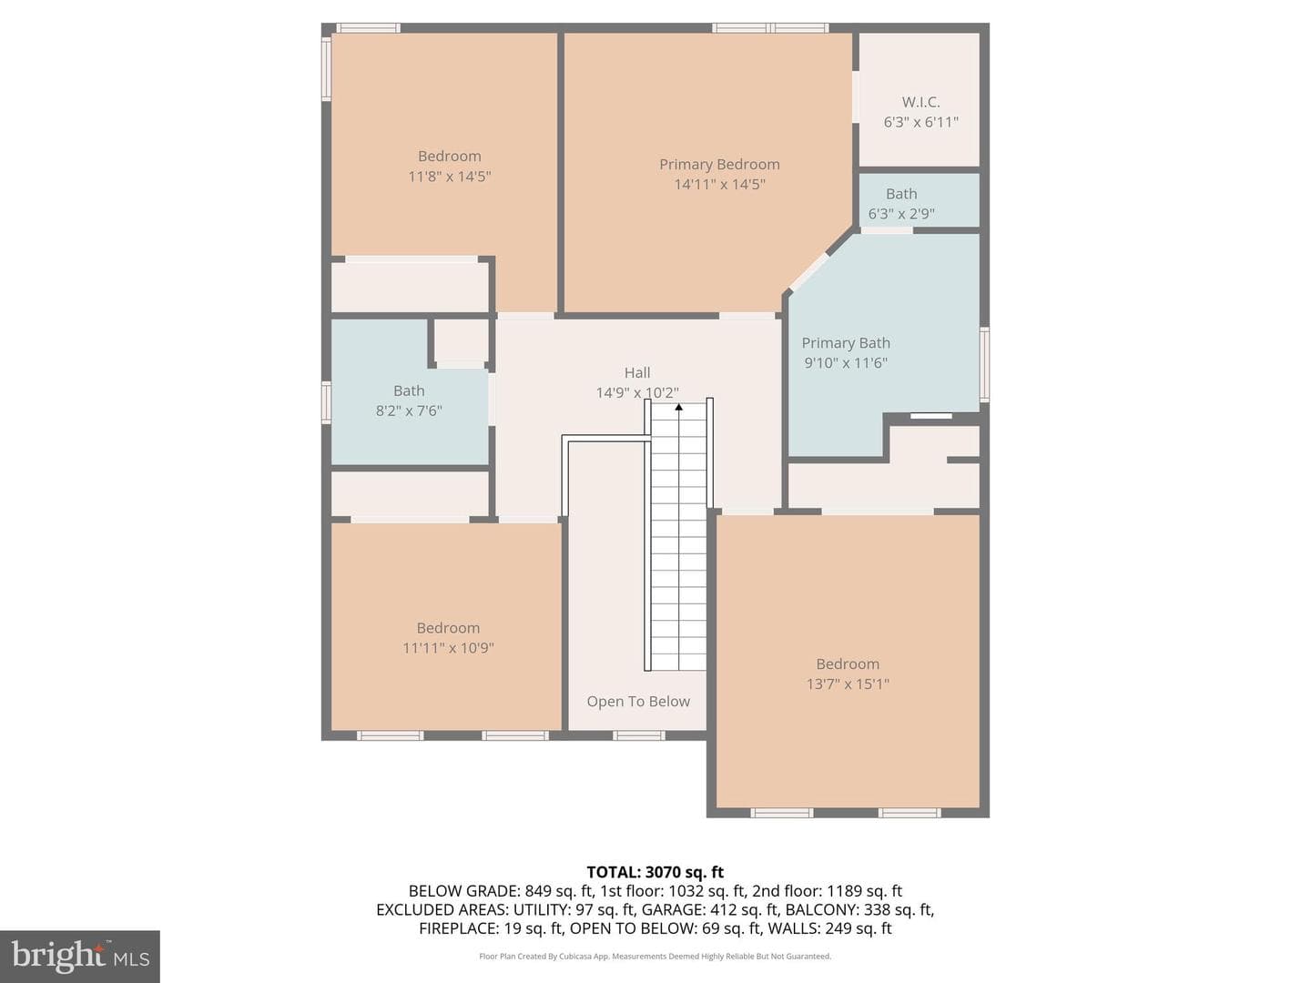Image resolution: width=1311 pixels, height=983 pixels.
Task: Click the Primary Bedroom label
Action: pos(719,164)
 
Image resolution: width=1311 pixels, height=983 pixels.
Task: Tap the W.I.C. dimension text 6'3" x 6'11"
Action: pos(920,122)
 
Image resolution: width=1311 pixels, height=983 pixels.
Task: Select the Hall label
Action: pos(636,372)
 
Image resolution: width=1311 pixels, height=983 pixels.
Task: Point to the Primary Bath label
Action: pos(845,342)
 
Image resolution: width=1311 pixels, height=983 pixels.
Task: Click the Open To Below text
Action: pos(638,701)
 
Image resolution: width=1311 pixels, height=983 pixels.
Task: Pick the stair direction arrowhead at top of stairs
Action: pos(678,407)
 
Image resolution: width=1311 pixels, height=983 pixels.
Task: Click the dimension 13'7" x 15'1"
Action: pos(847,684)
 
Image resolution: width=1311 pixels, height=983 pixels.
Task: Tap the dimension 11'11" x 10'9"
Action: pos(448,647)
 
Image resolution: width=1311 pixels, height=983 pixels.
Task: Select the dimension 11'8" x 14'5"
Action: pos(449,176)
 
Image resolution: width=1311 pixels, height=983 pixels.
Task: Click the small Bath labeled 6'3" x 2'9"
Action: pos(900,194)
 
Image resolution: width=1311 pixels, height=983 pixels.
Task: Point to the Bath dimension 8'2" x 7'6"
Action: pos(409,410)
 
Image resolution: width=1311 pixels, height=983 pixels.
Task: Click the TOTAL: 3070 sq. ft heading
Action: pos(655,872)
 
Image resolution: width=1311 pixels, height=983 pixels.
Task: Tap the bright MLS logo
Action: pos(80,956)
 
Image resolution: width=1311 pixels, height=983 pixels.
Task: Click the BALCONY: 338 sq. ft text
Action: pos(859,909)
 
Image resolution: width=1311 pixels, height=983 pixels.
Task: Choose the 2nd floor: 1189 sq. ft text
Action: pos(827,891)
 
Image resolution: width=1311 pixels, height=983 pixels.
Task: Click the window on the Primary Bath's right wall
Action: pos(984,364)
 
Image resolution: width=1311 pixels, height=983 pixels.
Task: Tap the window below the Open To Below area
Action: pos(638,735)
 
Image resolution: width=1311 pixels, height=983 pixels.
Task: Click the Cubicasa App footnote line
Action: pos(655,956)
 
